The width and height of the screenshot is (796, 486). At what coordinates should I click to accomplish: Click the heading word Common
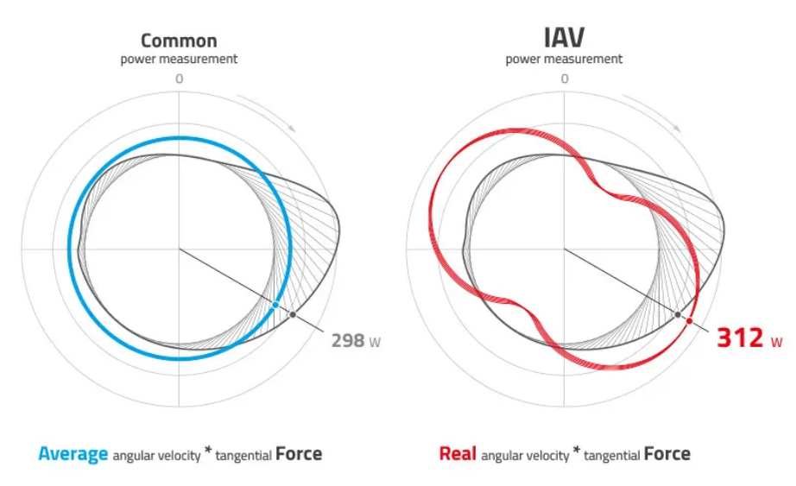click(x=179, y=40)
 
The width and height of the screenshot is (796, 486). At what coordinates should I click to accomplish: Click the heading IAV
click(x=564, y=37)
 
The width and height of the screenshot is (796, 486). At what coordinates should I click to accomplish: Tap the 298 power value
click(x=347, y=340)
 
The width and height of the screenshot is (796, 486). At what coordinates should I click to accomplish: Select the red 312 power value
click(x=740, y=338)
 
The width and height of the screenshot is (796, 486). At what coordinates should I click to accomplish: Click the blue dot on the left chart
click(x=275, y=305)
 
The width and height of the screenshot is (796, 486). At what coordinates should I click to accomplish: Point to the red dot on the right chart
click(x=689, y=320)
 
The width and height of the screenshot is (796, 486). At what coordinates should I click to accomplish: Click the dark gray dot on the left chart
click(x=294, y=314)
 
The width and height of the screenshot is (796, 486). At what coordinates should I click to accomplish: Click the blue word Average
click(x=73, y=453)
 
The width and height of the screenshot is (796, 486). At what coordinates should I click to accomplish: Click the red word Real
click(x=458, y=453)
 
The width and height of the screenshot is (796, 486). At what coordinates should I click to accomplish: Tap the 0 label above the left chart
click(x=179, y=79)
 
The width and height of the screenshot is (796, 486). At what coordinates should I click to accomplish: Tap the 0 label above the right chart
click(x=564, y=79)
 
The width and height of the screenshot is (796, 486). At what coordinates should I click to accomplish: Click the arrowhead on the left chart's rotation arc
click(x=293, y=128)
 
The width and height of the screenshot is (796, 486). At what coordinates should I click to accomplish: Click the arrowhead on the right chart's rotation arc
click(x=678, y=128)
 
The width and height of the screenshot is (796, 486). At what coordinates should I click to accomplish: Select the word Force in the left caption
click(x=299, y=453)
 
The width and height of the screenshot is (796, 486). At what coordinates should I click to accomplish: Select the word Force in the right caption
click(x=667, y=453)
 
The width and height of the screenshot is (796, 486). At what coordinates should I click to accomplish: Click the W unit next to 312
click(x=777, y=342)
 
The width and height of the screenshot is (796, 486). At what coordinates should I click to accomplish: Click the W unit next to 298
click(x=375, y=342)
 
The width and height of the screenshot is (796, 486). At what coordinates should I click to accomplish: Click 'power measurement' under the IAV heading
click(x=564, y=60)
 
